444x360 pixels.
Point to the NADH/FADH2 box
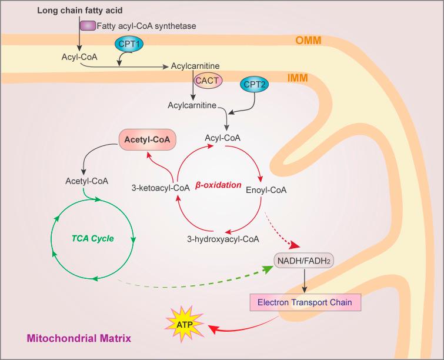pyautogui.click(x=304, y=259)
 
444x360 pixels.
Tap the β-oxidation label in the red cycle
pyautogui.click(x=219, y=185)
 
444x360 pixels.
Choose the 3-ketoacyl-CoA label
pyautogui.click(x=160, y=188)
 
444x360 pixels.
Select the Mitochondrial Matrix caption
pyautogui.click(x=78, y=339)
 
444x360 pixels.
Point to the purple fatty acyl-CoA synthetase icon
pyautogui.click(x=88, y=26)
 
